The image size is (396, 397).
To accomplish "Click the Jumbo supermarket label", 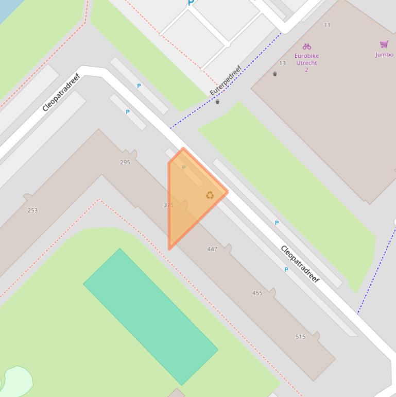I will pos(384,55).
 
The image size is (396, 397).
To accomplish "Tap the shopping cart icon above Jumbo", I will pos(384,45).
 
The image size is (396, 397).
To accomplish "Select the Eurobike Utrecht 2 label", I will pos(306,63).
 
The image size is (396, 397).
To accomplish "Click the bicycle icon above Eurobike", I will pos(307,46).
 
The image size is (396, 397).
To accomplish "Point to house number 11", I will pos(328,25).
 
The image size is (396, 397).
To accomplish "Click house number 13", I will pos(282,63).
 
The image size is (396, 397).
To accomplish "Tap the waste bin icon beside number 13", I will pos(275,74).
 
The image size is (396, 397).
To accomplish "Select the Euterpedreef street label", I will pos(226,80).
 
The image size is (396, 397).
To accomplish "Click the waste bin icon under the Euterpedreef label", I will pos(217,102).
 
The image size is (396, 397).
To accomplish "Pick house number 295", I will pos(125,162).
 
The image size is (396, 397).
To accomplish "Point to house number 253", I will pos(32,210).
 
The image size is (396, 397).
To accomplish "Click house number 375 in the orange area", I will pos(168,205).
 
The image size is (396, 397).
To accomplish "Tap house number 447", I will pos(212,249).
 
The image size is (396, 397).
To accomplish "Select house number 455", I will pos(257,293).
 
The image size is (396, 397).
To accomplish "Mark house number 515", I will pos(301,337).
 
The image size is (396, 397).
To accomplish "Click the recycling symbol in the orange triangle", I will pos(210,195).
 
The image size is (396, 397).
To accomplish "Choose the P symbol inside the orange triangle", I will pos(184,168).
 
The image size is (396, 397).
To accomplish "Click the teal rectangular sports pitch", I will pos(150,316).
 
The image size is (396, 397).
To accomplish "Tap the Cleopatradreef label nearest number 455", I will pos(300,264).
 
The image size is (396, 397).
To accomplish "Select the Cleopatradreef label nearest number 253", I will pos(61,93).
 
